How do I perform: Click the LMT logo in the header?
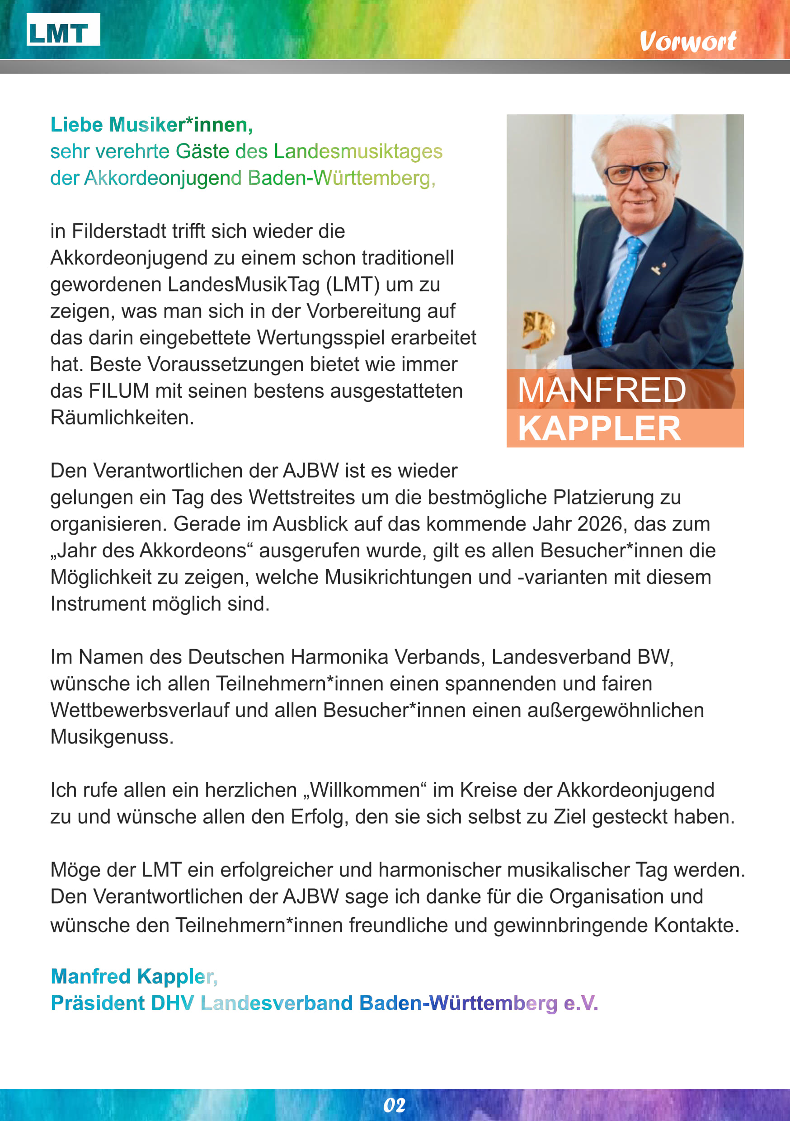[x=63, y=30]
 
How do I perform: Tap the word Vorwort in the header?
[x=687, y=42]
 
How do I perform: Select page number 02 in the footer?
[x=394, y=1105]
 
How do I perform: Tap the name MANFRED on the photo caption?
[x=602, y=390]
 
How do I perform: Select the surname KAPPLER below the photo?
[x=599, y=428]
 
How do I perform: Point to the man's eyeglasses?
[x=636, y=173]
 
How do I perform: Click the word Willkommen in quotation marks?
[x=365, y=790]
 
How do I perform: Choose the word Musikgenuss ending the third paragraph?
[x=112, y=737]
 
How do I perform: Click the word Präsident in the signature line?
[x=98, y=1003]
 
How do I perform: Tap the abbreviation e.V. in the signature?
[x=581, y=1003]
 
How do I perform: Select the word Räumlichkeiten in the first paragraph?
[x=122, y=418]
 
